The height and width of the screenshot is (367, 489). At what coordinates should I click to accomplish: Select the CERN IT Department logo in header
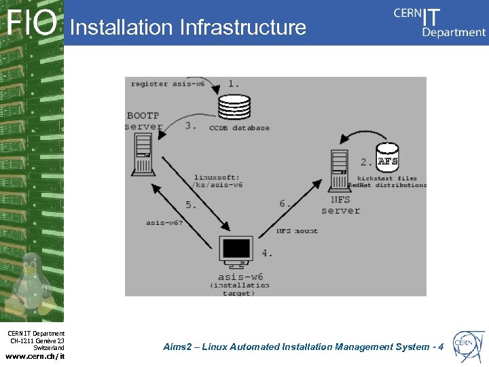point(439,22)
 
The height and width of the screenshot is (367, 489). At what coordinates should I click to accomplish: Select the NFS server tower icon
point(340,171)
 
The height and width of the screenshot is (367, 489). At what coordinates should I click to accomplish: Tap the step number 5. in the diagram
point(192,204)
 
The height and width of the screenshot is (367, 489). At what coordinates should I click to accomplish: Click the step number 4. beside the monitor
point(267,253)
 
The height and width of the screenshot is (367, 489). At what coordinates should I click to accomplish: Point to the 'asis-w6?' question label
point(164,222)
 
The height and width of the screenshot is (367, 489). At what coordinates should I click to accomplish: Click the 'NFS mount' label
point(297,231)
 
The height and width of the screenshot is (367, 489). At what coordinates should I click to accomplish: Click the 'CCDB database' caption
point(239,128)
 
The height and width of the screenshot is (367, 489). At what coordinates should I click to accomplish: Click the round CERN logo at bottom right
point(468,345)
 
